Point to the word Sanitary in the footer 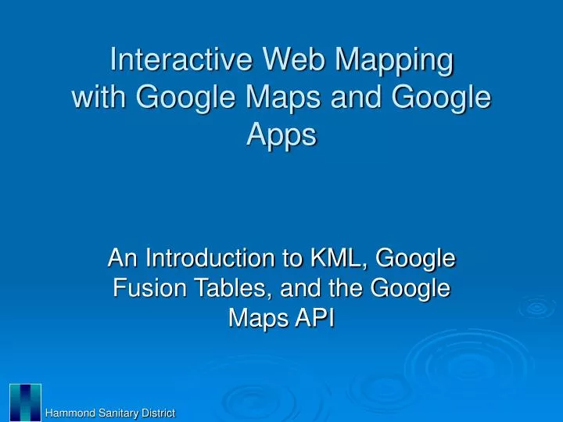117,413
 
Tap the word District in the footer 157,413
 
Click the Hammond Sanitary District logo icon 26,402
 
